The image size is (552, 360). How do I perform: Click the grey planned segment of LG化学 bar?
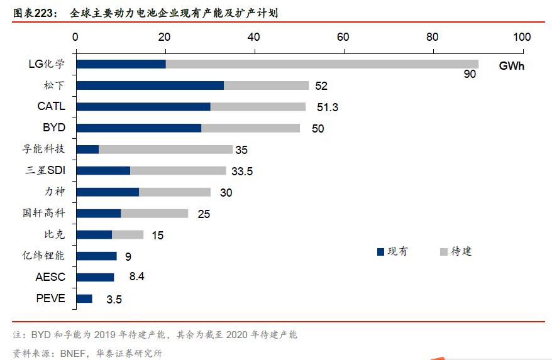(x=321, y=64)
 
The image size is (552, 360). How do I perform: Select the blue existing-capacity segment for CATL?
(x=143, y=107)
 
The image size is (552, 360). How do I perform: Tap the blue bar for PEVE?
(x=84, y=298)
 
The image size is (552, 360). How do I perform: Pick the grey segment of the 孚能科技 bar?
(x=166, y=150)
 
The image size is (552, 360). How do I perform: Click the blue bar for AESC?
(x=95, y=277)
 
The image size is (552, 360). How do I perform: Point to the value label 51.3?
(x=327, y=107)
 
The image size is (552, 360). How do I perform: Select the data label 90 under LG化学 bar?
(x=470, y=75)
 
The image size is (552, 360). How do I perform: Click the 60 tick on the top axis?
(x=343, y=37)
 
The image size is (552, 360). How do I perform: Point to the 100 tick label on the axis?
(x=522, y=37)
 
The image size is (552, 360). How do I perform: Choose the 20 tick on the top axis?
(x=165, y=37)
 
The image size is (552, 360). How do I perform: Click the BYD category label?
(x=54, y=128)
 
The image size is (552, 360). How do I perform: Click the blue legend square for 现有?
(x=380, y=252)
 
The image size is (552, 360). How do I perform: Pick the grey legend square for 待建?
(x=444, y=252)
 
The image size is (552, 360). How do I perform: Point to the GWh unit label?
(x=512, y=65)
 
